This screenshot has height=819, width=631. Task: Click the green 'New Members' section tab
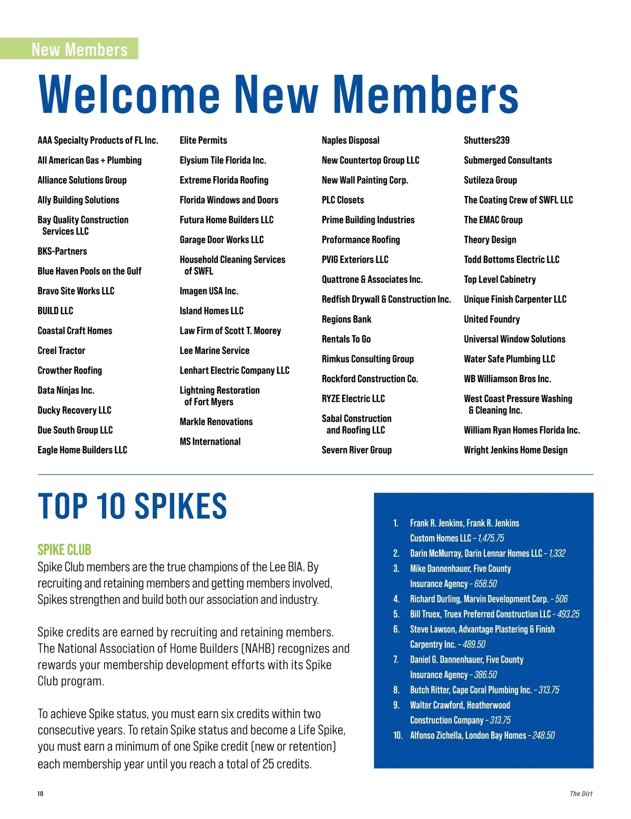click(79, 49)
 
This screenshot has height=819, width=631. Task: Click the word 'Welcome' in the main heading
click(129, 95)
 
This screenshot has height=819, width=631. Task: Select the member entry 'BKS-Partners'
click(62, 251)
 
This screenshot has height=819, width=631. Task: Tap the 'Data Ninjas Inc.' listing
click(66, 391)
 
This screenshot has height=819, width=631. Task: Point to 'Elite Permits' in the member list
click(203, 140)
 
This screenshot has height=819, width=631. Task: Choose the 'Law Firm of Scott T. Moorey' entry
click(230, 331)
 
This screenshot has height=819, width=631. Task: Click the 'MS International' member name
click(210, 442)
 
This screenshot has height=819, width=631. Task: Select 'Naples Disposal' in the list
click(350, 140)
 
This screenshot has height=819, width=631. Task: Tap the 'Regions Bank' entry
click(346, 319)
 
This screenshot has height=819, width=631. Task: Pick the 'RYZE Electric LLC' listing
click(353, 399)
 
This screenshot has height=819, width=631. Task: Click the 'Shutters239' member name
click(486, 140)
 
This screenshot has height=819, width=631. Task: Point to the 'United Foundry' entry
click(492, 319)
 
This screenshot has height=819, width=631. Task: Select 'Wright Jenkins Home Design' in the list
click(515, 450)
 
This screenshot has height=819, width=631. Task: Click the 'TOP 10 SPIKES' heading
click(132, 506)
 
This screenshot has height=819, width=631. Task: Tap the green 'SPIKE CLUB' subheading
click(64, 550)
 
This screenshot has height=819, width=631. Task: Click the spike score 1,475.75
click(491, 538)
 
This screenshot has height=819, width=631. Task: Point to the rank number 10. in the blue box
click(398, 735)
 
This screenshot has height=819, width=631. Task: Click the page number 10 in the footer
click(40, 794)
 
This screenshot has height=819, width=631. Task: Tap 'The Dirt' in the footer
click(581, 794)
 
